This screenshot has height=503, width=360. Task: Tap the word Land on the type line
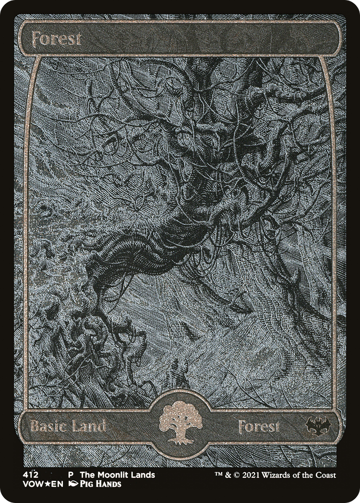(x=89, y=427)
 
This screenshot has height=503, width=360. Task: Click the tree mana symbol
(x=180, y=422)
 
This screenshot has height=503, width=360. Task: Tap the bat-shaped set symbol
(x=317, y=426)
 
